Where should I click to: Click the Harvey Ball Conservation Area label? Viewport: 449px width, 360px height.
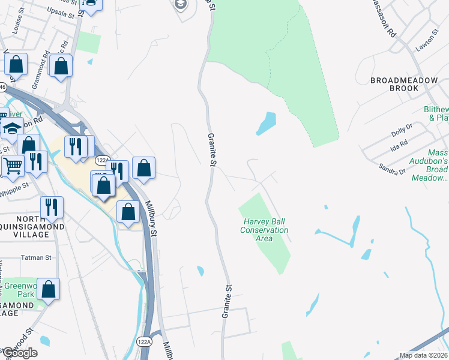pos(264,230)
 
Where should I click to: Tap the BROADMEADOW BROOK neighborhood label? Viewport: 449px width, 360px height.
pos(394,84)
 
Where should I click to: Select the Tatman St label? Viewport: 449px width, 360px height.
pos(37,257)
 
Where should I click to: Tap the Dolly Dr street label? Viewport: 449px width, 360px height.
pos(401,127)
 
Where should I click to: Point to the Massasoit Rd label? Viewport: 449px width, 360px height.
pos(384,17)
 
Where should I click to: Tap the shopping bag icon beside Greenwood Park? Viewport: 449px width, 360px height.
pos(49,289)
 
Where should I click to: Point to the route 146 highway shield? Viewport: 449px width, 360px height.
pos(2,88)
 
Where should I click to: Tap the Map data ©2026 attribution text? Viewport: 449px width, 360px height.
pos(423,355)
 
